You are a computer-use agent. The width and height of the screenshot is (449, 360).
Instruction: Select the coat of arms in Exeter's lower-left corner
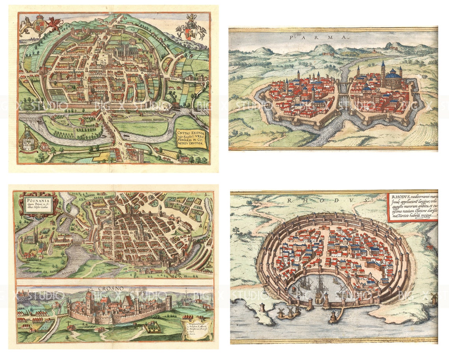28,139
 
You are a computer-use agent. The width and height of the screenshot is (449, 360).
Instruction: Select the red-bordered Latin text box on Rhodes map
412,207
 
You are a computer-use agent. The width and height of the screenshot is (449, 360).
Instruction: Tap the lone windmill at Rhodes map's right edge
434,299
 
